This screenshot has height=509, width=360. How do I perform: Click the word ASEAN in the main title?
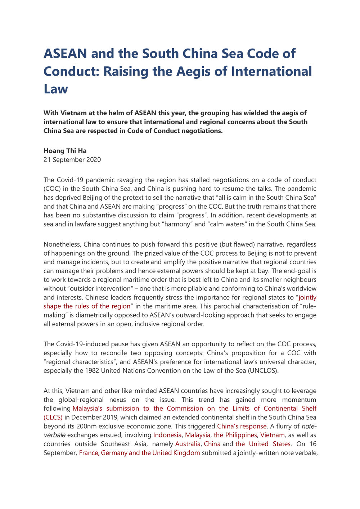tap(65, 54)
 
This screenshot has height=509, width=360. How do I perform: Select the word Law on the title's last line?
tap(56, 89)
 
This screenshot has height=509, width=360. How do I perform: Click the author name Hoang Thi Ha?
tap(65, 150)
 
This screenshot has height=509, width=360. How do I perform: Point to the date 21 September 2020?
tap(72, 159)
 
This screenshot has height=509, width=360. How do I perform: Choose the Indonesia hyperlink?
tap(167, 435)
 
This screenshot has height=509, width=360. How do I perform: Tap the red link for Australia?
tap(188, 444)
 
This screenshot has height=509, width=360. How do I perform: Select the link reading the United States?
tap(263, 444)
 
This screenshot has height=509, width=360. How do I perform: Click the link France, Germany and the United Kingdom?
tap(139, 452)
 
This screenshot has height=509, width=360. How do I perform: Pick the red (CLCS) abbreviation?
tap(53, 417)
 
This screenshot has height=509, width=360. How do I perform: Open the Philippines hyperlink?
tap(235, 435)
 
